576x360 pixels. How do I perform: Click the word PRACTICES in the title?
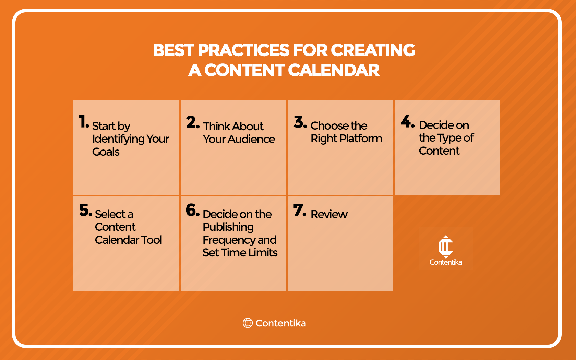pos(244,50)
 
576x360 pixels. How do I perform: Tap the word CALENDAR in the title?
pos(334,70)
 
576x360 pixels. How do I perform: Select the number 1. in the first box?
pos(84,122)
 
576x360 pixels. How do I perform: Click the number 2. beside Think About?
pos(193,122)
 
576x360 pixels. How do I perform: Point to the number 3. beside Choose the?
pos(300,122)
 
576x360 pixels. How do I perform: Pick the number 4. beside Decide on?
pos(408,121)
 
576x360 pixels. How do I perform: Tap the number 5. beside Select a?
pos(86,210)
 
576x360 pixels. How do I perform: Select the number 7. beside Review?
pos(300,210)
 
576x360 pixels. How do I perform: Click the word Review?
pos(329,214)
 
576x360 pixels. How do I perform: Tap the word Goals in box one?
pos(106,152)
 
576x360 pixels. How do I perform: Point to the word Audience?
pos(251,139)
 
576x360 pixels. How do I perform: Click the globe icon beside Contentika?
pos(248,323)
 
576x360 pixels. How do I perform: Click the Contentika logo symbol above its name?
pos(446,247)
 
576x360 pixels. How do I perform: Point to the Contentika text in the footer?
pos(280,323)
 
